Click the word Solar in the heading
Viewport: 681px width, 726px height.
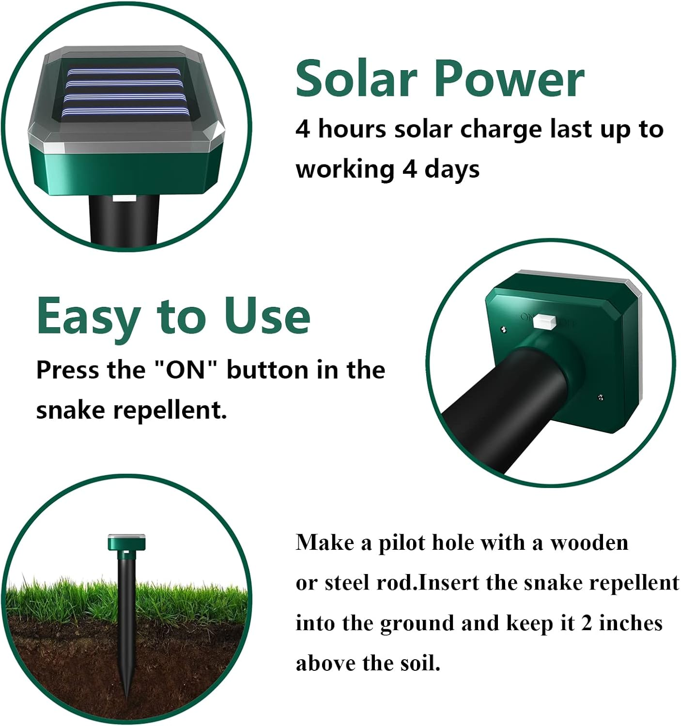[x=356, y=78]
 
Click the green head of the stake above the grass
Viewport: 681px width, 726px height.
[x=126, y=542]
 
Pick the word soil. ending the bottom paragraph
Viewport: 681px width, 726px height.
[x=420, y=663]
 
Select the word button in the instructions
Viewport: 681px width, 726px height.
[x=267, y=370]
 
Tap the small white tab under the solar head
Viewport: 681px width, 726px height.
[x=124, y=198]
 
